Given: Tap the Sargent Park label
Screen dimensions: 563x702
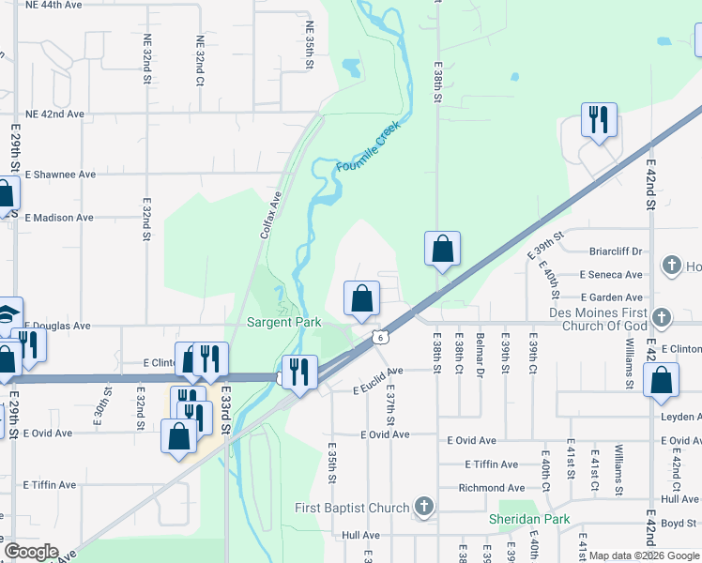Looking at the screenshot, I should [x=283, y=322].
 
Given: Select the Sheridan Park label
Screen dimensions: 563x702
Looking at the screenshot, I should [x=528, y=519].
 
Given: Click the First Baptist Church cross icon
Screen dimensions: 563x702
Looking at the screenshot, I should [x=424, y=508].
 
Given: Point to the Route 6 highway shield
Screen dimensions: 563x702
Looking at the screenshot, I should [x=379, y=337].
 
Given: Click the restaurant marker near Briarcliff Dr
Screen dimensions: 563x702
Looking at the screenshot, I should [x=598, y=120].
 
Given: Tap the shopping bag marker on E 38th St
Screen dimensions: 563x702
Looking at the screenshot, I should [x=442, y=250].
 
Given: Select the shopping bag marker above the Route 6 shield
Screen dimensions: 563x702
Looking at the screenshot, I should [x=361, y=299].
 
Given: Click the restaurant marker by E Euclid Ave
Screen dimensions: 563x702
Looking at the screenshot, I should [x=298, y=373].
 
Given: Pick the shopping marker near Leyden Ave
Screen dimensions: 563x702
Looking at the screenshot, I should [x=661, y=381].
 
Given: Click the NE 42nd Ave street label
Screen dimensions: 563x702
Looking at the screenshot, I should [x=54, y=114].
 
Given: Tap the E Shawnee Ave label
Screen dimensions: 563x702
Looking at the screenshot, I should [x=60, y=175].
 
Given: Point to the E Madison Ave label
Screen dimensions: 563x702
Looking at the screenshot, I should [x=59, y=218].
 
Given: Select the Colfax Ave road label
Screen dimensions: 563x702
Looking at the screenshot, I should [x=271, y=215].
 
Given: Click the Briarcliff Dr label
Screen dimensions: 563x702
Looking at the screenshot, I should [x=616, y=251].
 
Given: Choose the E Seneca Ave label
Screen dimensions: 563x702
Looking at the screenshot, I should [x=611, y=274].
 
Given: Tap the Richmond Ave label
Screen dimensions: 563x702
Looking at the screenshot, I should [x=491, y=488].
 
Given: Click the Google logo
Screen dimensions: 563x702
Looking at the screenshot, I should [x=31, y=552].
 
